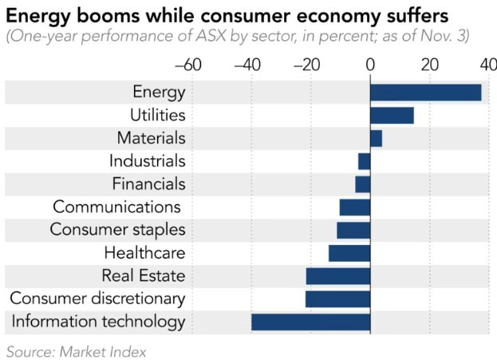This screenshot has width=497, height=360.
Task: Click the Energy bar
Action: [x=425, y=93]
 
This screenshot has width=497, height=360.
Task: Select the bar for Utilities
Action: [x=392, y=116]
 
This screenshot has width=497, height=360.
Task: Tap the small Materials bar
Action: [x=376, y=138]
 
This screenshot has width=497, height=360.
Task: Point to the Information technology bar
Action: [x=310, y=322]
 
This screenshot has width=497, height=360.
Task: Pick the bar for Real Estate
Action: [x=337, y=276]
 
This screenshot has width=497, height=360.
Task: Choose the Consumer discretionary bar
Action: [x=337, y=299]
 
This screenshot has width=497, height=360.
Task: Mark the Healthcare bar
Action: [x=349, y=253]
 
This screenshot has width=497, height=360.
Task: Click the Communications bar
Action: [x=355, y=208]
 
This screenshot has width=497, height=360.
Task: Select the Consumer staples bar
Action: [x=353, y=231]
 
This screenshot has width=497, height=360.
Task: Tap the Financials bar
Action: [x=363, y=184]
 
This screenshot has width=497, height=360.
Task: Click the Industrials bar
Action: [x=364, y=161]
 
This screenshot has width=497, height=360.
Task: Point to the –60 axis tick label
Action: [x=187, y=65]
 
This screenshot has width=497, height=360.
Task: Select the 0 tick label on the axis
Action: [x=370, y=65]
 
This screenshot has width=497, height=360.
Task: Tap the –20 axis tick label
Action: [x=307, y=65]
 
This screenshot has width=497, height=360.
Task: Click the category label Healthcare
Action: [x=144, y=253]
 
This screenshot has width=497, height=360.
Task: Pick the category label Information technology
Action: [x=98, y=322]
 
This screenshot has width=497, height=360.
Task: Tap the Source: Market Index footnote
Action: [x=77, y=350]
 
